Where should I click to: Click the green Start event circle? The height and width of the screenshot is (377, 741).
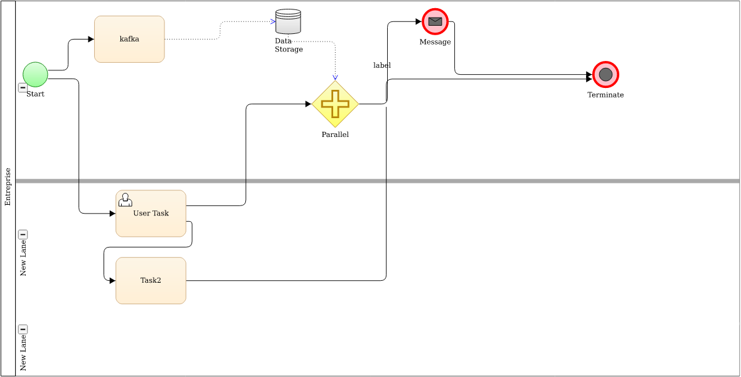click(35, 75)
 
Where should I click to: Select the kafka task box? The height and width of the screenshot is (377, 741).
click(129, 39)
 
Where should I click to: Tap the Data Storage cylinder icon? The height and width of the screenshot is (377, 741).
click(288, 21)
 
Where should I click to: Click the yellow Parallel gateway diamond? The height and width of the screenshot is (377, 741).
click(335, 104)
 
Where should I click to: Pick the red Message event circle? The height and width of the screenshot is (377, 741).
click(435, 21)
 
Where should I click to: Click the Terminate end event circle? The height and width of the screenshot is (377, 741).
click(605, 75)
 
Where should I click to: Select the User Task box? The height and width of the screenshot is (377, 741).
click(151, 214)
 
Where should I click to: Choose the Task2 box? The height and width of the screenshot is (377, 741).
click(151, 280)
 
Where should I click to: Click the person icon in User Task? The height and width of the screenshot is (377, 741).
click(125, 200)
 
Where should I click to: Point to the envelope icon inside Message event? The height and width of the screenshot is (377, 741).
click(435, 21)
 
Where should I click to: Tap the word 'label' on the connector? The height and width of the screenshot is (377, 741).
click(382, 65)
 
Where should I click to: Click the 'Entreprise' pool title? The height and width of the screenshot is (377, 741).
click(8, 187)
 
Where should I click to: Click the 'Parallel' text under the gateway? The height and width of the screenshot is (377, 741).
click(335, 134)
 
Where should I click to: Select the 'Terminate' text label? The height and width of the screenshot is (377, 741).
click(605, 95)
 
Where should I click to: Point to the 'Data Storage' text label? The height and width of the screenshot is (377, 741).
click(288, 45)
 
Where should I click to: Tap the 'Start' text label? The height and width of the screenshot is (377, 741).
click(35, 94)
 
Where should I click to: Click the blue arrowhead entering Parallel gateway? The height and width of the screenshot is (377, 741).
click(335, 77)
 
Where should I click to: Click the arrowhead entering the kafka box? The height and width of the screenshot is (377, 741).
click(91, 40)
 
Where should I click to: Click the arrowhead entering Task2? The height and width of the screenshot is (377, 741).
click(112, 281)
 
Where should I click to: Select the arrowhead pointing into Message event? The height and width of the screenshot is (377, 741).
click(418, 22)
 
